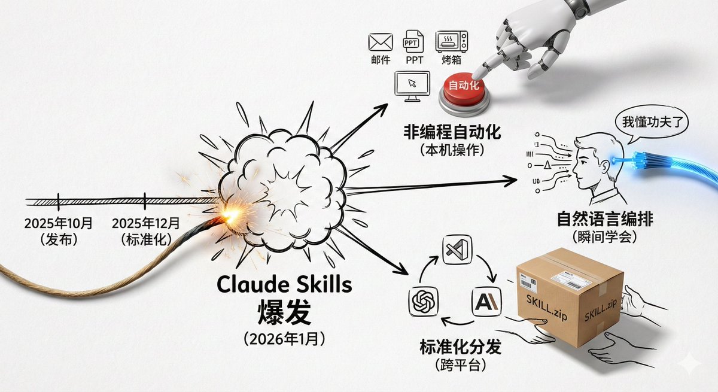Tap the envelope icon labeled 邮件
coord(381,42)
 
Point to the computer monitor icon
coord(413,86)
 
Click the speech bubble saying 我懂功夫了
coord(652,123)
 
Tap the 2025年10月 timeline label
coord(59,223)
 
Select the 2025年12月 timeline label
coord(145,223)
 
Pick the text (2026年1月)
coord(284,339)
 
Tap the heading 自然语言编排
coord(606,219)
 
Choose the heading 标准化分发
coord(460,347)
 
